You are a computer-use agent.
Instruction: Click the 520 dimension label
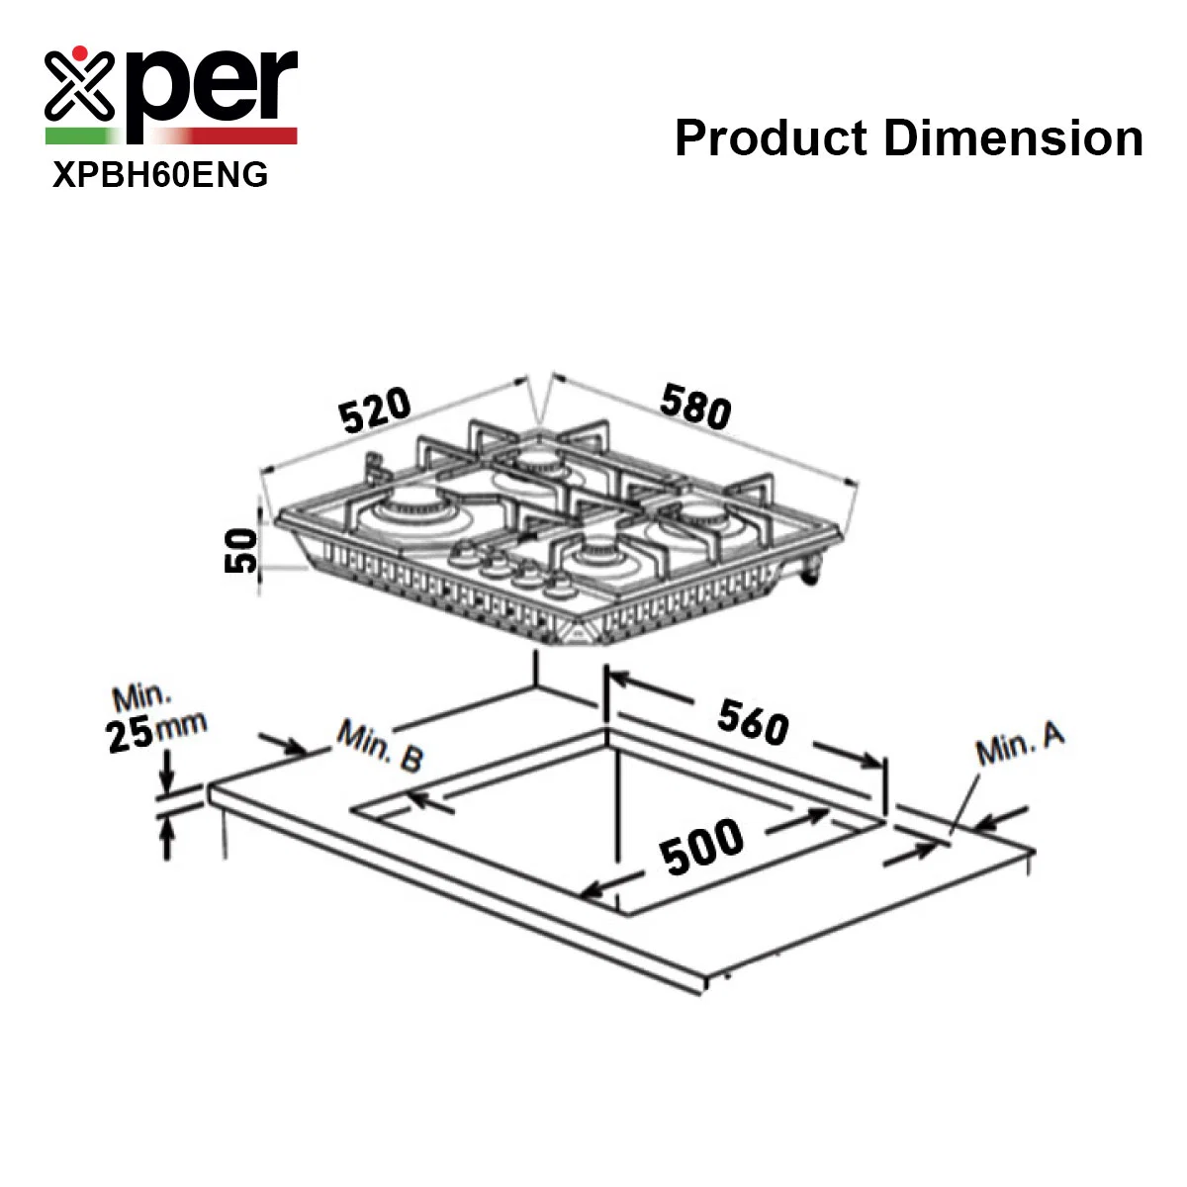pyautogui.click(x=375, y=409)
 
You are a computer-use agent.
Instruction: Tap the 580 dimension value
pyautogui.click(x=695, y=406)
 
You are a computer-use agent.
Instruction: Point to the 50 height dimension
pyautogui.click(x=240, y=550)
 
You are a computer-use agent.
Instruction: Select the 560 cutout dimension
pyautogui.click(x=753, y=722)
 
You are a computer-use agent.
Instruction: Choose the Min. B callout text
pyautogui.click(x=381, y=746)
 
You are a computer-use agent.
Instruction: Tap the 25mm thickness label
pyautogui.click(x=156, y=732)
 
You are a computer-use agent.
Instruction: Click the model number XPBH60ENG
pyautogui.click(x=160, y=174)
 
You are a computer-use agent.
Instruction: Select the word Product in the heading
pyautogui.click(x=772, y=137)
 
